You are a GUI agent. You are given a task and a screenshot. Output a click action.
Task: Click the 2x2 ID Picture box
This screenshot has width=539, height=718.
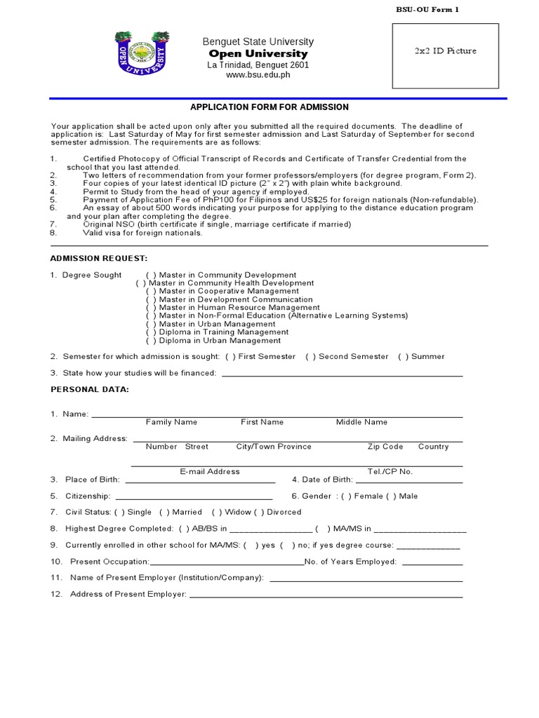[x=445, y=55]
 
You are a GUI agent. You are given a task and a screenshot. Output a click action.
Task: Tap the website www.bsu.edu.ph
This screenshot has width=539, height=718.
[x=258, y=76]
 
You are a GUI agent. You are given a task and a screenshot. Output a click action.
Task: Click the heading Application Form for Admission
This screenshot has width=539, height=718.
[x=269, y=107]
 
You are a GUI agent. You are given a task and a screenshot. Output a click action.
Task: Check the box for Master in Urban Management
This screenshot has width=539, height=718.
[x=151, y=325]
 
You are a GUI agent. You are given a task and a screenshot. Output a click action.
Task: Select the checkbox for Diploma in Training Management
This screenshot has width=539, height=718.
[x=151, y=332]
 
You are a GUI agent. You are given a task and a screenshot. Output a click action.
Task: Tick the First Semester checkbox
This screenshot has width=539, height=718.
[x=230, y=357]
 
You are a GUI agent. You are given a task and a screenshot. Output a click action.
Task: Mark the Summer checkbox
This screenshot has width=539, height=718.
[x=403, y=357]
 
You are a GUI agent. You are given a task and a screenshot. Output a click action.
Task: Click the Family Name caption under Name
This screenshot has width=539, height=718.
[x=171, y=422]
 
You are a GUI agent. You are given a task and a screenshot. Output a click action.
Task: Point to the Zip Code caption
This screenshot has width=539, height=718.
[x=385, y=447]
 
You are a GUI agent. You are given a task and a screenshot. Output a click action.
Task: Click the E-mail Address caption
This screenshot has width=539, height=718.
[x=210, y=472]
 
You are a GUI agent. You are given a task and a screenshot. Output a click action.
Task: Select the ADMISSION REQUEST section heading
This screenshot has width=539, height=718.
[x=98, y=259]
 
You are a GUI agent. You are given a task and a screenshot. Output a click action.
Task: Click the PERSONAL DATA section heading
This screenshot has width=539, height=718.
[x=89, y=389]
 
